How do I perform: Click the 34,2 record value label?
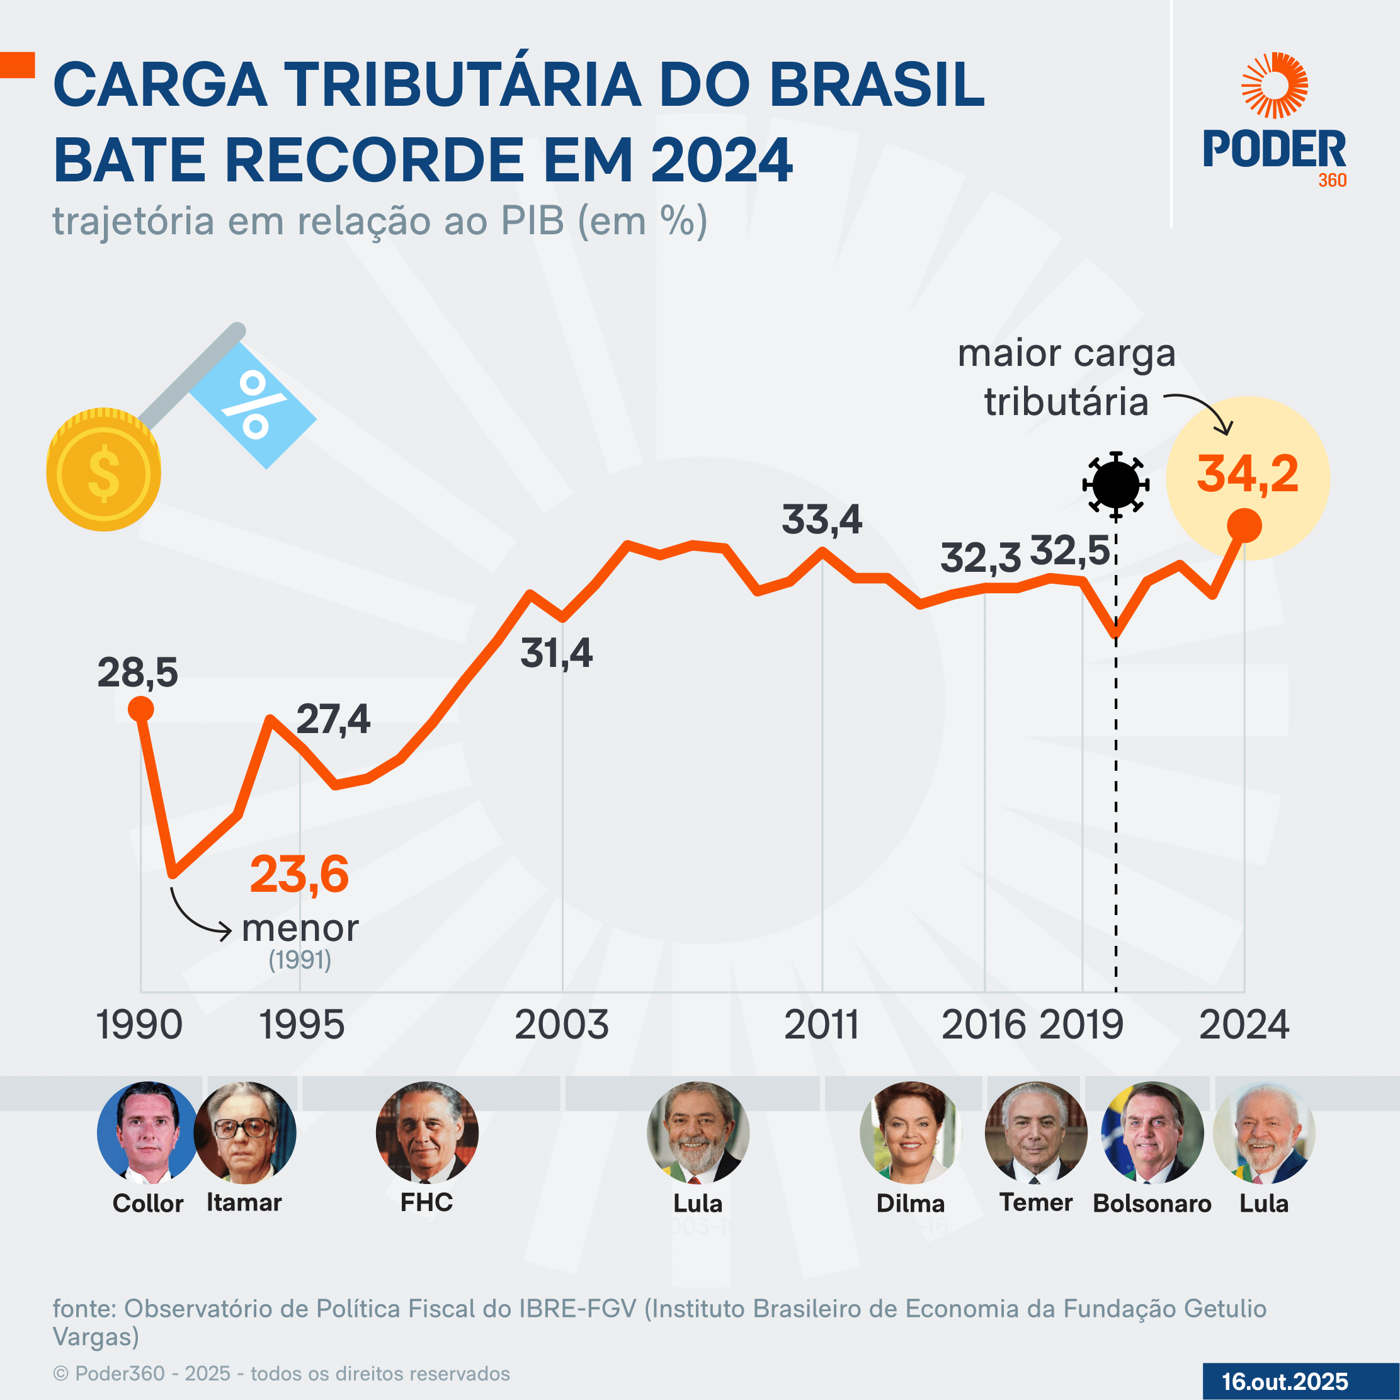pyautogui.click(x=1247, y=475)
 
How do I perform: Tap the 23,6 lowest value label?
pyautogui.click(x=299, y=874)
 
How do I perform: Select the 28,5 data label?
pyautogui.click(x=138, y=673)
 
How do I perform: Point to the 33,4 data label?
pyautogui.click(x=822, y=520)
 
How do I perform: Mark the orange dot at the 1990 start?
pyautogui.click(x=140, y=709)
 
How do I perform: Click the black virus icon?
pyautogui.click(x=1116, y=484)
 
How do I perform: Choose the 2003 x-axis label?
pyautogui.click(x=562, y=1025)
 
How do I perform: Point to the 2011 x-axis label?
pyautogui.click(x=822, y=1025)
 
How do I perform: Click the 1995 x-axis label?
pyautogui.click(x=302, y=1025)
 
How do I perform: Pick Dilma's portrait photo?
pyautogui.click(x=911, y=1132)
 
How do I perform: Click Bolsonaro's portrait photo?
pyautogui.click(x=1152, y=1132)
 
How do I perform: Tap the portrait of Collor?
pyautogui.click(x=148, y=1132)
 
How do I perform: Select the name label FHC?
pyautogui.click(x=427, y=1203)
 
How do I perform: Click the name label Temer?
pyautogui.click(x=1035, y=1203)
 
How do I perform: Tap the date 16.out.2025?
pyautogui.click(x=1285, y=1381)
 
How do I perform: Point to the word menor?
pyautogui.click(x=300, y=928)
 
